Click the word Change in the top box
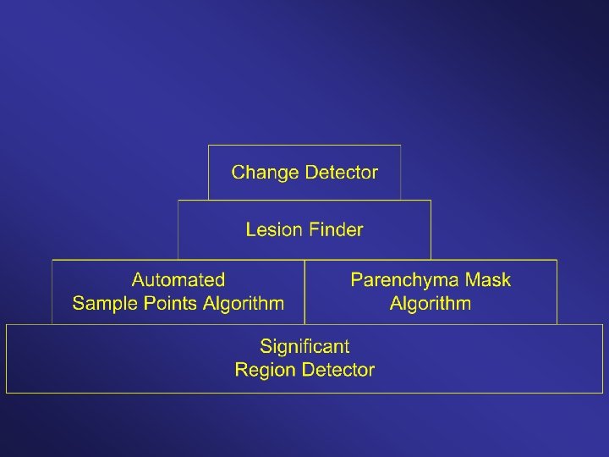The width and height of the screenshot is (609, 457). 265,173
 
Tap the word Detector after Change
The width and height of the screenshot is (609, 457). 341,173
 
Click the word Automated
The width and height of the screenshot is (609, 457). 178,280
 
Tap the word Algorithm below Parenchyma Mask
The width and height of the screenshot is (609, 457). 431,303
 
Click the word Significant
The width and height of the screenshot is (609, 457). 304,346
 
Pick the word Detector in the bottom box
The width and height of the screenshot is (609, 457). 335,370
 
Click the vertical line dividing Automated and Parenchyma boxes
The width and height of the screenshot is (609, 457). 304,291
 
